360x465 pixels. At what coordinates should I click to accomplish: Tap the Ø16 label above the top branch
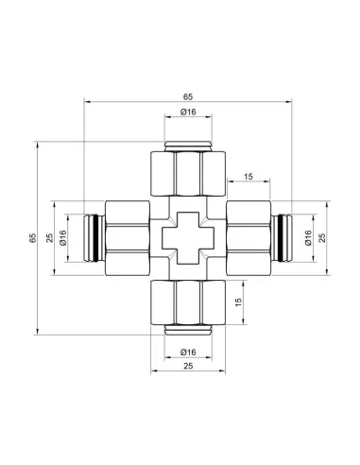click(187, 113)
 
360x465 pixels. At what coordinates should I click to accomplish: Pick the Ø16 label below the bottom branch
click(187, 352)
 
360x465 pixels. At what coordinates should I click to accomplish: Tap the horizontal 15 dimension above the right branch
click(248, 176)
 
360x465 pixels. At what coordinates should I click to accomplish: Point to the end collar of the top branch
click(187, 146)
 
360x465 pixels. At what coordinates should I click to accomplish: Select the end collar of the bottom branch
click(187, 330)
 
